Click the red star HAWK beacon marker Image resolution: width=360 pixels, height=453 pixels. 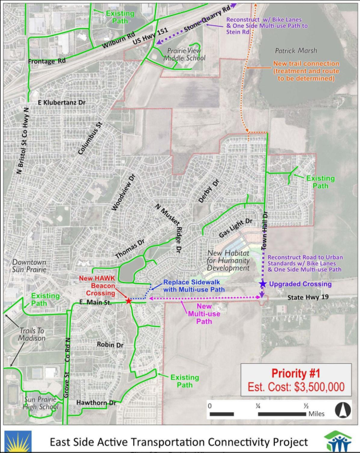(x=128, y=300)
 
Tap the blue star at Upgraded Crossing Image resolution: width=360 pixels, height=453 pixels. (x=262, y=284)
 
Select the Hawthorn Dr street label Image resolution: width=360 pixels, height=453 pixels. (x=97, y=403)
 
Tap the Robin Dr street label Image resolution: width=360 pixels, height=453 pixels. (x=110, y=345)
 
